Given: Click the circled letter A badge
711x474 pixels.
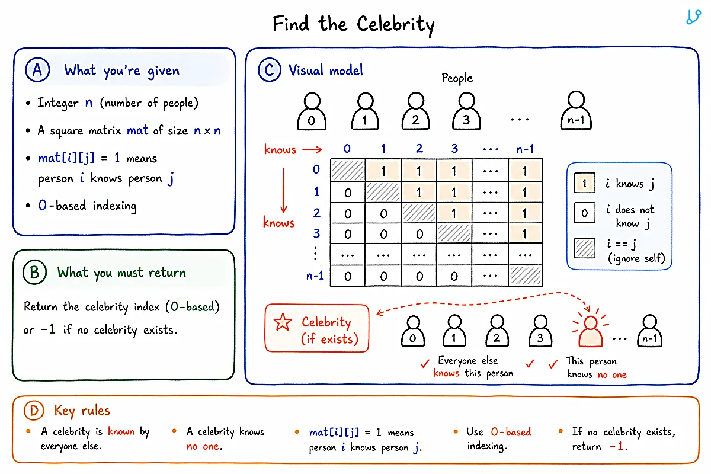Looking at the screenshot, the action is point(37,69).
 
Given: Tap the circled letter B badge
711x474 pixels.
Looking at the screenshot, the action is point(34,272).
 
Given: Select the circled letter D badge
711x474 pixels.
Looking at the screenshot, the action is point(34,410).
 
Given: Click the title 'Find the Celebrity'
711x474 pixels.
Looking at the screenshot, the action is point(354,24).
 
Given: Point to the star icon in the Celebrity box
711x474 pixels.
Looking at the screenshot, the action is point(283,322).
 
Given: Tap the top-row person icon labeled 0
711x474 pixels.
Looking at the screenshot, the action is point(312,111).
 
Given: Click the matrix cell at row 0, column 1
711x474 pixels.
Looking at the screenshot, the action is point(383,171).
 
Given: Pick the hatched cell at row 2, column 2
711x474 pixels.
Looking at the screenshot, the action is point(419,213).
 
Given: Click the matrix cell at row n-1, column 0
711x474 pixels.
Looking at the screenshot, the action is point(348,276).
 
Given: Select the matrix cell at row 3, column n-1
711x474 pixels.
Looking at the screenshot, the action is point(526,233).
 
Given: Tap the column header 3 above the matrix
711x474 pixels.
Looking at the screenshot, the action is point(454,148).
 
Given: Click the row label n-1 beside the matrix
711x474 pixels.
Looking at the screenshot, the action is point(315,276).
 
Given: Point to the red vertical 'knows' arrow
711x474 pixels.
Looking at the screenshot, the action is point(284,190).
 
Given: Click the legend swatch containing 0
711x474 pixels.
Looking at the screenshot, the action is point(585,213).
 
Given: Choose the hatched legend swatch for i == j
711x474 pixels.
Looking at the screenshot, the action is point(585,248).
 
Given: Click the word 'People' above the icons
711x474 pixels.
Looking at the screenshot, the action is point(457,78).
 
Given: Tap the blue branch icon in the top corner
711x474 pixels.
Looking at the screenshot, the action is point(693,17).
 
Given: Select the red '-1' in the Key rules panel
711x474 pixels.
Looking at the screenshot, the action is point(617,446).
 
